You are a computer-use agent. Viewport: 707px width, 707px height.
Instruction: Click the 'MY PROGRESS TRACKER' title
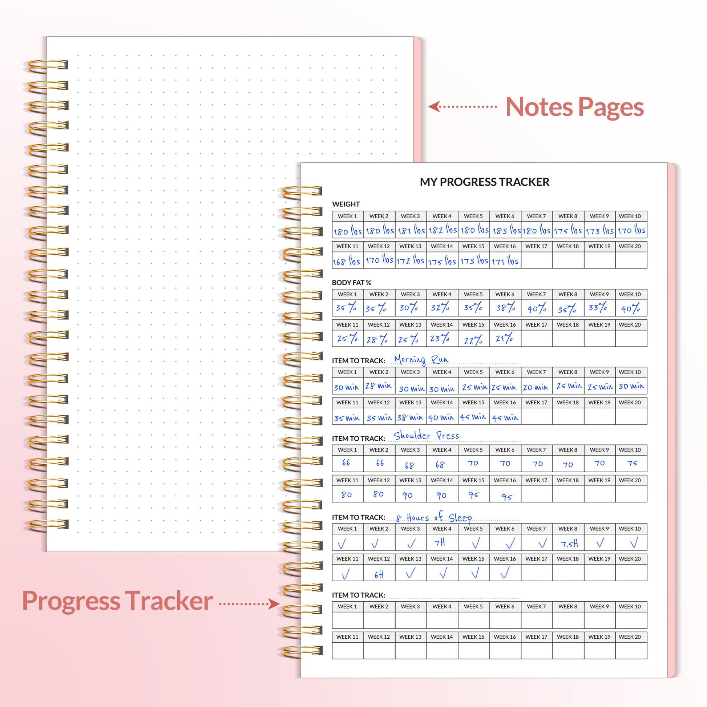484,182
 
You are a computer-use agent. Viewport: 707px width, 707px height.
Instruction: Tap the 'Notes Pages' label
574,107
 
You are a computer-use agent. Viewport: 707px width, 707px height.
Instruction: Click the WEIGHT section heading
346,204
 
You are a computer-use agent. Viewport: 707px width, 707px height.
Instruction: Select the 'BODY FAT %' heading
351,283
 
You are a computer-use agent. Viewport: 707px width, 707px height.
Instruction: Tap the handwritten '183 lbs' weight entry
506,231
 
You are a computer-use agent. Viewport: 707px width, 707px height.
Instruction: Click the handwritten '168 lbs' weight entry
346,261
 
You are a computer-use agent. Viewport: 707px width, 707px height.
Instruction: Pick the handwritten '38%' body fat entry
505,308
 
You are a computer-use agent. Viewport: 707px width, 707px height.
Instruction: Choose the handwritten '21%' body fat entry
504,339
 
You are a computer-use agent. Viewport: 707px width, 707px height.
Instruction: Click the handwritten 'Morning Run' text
421,360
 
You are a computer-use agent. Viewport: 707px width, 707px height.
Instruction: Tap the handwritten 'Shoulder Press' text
426,436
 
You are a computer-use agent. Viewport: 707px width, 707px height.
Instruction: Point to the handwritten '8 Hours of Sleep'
434,517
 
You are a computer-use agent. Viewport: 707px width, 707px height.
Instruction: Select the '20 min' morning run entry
536,387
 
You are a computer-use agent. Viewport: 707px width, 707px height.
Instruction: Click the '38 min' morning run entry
410,417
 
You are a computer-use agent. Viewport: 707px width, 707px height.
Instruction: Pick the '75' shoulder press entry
632,463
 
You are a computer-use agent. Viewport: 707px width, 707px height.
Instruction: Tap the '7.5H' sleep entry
569,544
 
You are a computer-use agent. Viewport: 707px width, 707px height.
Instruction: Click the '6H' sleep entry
379,574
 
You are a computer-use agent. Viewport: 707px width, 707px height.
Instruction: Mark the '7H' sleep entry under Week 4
440,542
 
